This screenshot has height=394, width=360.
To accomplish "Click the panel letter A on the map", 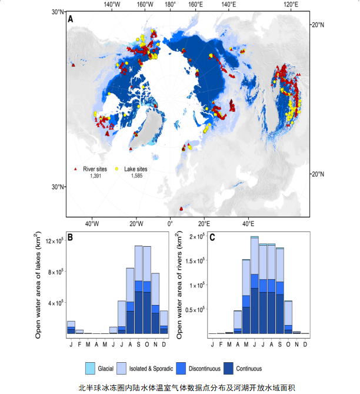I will (71, 19).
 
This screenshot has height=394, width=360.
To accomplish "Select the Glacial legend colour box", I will (90, 368).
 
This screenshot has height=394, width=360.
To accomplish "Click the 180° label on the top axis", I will (170, 5).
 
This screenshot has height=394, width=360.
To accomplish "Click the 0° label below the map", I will (171, 224).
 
